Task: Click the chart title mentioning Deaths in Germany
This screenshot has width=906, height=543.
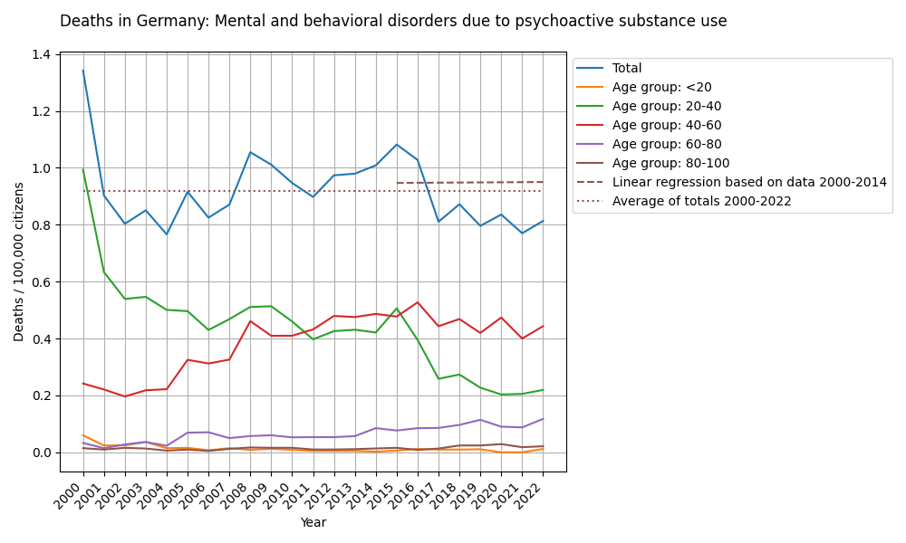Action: click(x=393, y=21)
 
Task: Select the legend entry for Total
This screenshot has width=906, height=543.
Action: click(x=627, y=68)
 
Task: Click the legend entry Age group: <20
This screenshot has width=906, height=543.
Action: click(x=661, y=87)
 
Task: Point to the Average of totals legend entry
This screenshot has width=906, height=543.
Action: click(x=701, y=201)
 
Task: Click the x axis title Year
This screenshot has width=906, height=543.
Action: click(x=313, y=522)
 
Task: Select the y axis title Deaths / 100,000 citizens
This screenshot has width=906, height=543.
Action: click(x=19, y=262)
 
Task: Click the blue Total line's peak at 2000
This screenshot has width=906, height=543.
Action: click(x=83, y=71)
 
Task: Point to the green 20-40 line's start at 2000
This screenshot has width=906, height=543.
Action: click(x=83, y=170)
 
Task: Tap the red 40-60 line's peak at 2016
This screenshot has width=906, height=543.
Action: click(x=418, y=302)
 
